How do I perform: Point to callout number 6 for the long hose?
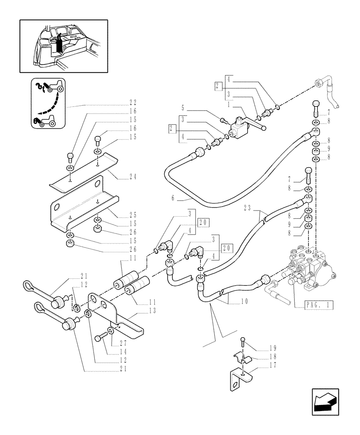[x=173, y=198]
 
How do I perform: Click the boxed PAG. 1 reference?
[x=313, y=305]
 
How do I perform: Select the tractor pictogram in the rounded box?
[x=47, y=104]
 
